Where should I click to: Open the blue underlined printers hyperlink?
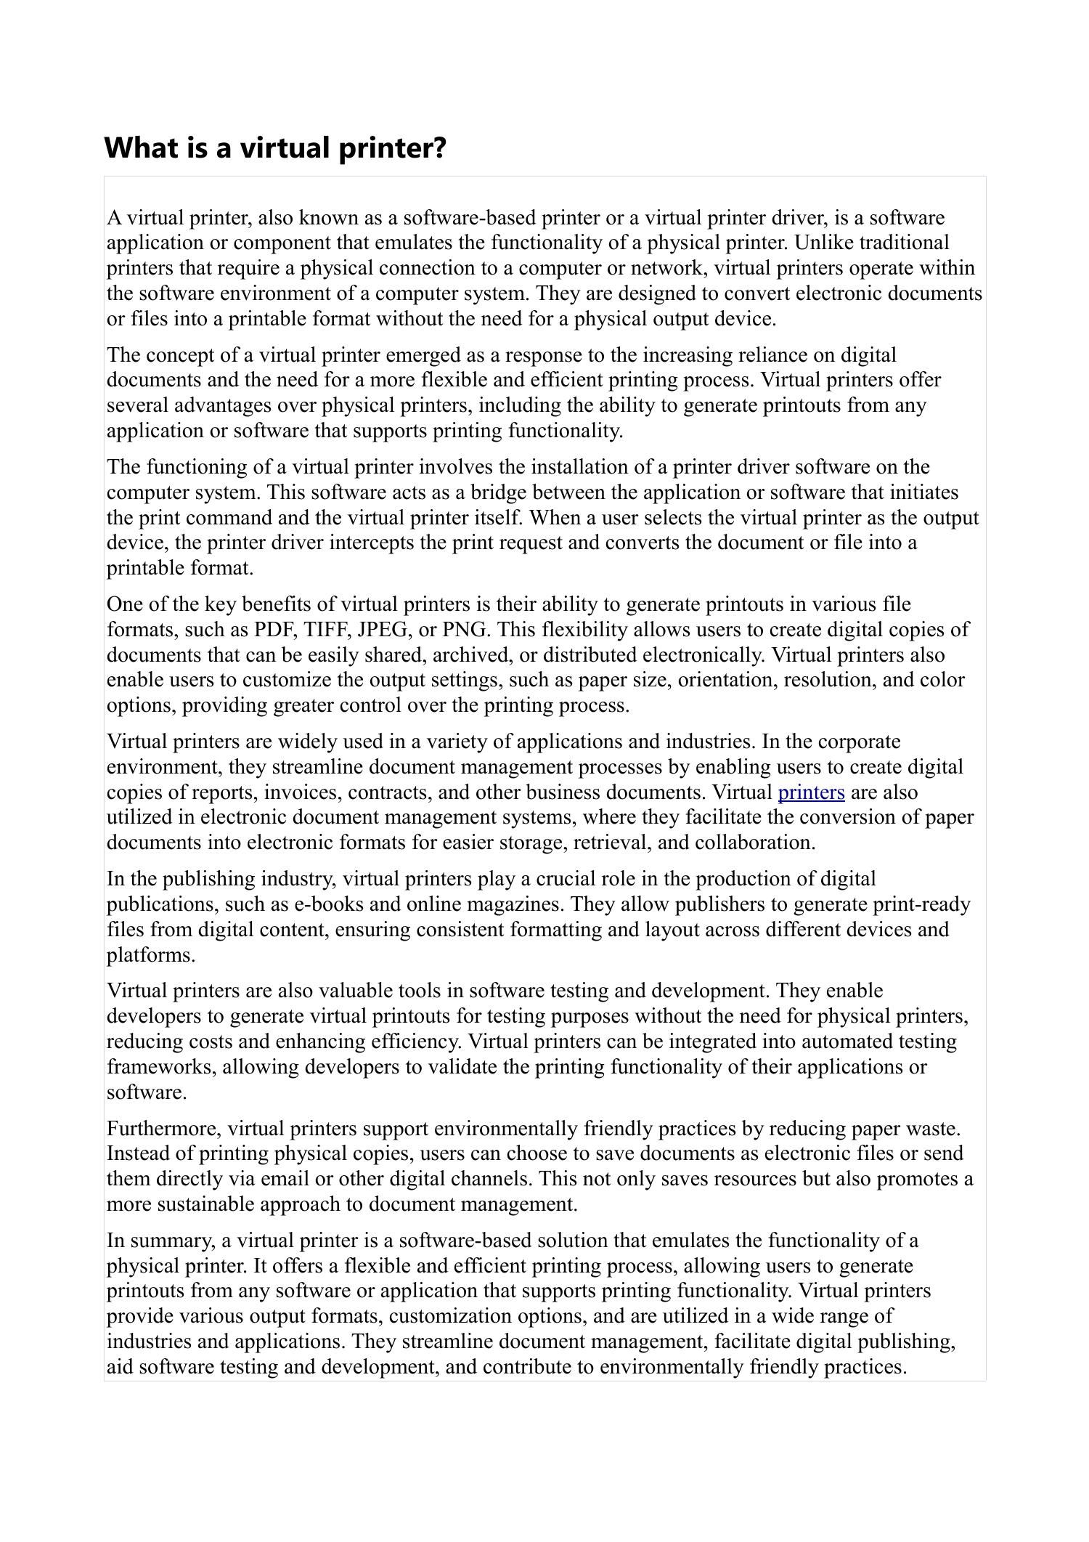coord(811,792)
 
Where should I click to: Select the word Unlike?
coord(825,243)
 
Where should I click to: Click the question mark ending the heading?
coord(439,148)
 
